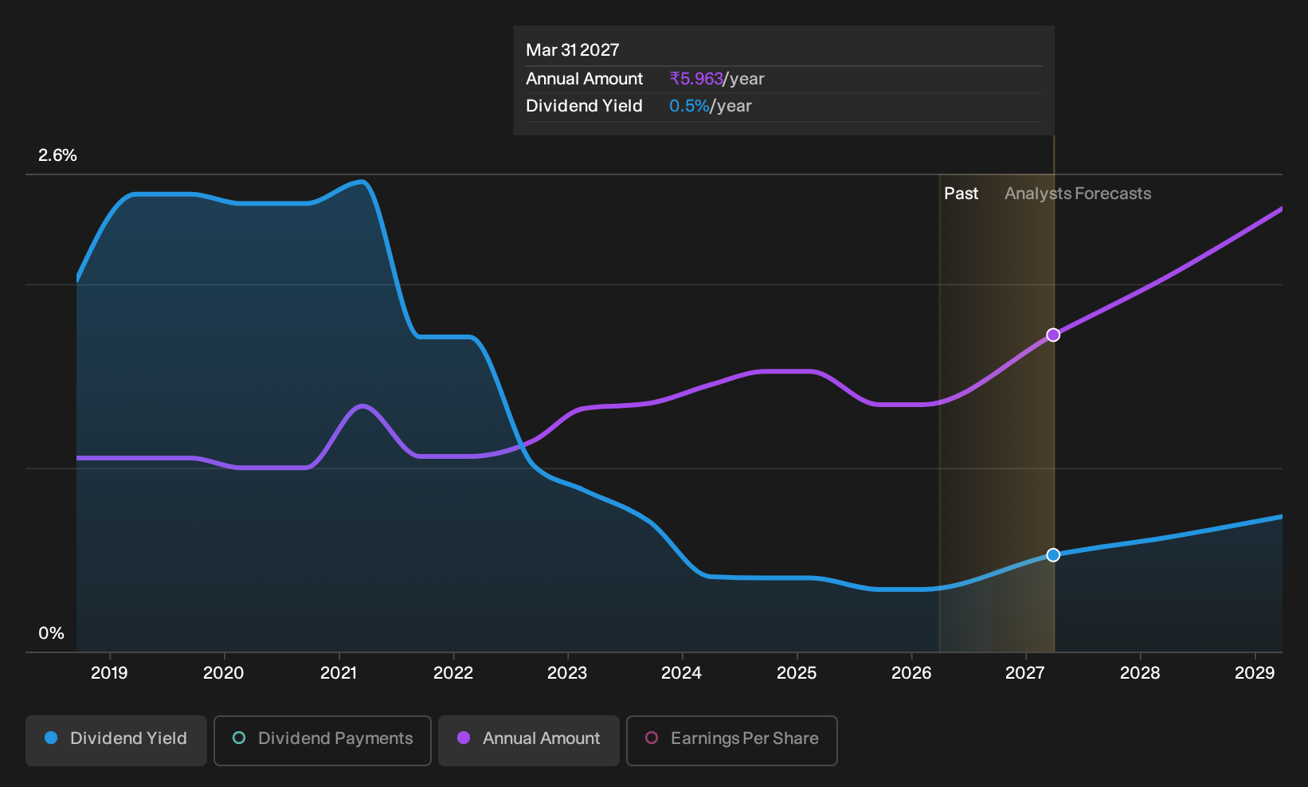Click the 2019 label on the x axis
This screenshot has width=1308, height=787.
[109, 672]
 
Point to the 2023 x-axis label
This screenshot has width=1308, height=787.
[567, 672]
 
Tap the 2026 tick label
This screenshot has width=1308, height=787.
[911, 672]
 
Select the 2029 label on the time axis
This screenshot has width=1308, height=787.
[1255, 672]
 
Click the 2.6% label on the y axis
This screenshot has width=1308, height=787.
[57, 155]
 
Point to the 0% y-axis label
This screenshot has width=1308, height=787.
[51, 633]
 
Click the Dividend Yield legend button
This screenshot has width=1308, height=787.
[116, 740]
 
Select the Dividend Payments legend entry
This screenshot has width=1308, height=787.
[323, 740]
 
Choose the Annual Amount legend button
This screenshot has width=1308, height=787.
[528, 740]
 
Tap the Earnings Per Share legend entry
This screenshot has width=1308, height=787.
[731, 740]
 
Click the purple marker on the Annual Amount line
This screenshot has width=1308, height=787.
[1053, 335]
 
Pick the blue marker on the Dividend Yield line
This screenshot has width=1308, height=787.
[1053, 554]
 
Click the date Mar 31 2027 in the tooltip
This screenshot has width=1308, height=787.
[572, 50]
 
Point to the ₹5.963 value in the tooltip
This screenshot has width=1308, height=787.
[696, 79]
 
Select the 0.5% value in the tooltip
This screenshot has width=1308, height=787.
[689, 106]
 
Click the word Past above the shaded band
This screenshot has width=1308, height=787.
[961, 194]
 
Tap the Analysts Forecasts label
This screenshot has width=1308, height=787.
[1077, 194]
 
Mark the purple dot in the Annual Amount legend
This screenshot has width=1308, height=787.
[463, 738]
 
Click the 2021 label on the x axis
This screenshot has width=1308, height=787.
[338, 672]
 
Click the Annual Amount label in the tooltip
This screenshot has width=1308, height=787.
[584, 79]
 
